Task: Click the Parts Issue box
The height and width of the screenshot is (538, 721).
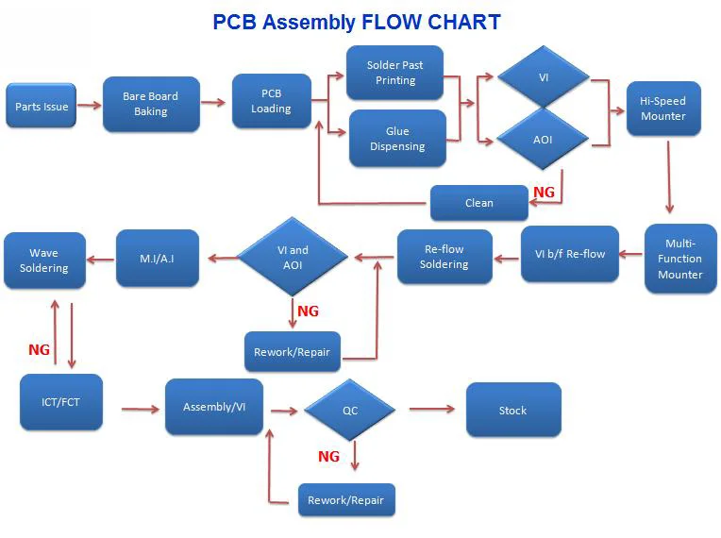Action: point(41,106)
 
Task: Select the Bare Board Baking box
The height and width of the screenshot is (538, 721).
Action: point(151,104)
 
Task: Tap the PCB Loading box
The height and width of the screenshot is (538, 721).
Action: point(271,101)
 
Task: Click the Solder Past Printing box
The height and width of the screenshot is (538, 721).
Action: point(395,72)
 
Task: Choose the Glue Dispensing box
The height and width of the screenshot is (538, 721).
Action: point(397,139)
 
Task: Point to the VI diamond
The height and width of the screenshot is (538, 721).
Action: point(544,76)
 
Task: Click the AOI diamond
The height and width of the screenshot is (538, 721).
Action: point(543,139)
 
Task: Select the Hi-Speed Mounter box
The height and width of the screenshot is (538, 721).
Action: point(663,109)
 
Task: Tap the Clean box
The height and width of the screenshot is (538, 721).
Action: point(479,203)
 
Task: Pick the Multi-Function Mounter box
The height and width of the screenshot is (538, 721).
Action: point(680,259)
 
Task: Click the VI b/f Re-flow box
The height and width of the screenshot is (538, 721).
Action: point(570,254)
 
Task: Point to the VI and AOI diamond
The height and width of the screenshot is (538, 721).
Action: point(293,257)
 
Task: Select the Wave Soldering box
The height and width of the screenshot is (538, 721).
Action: point(44,261)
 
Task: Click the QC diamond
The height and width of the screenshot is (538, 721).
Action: point(350,410)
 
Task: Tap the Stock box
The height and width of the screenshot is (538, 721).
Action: point(513,410)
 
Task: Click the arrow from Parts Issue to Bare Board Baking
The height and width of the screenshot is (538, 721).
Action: point(90,106)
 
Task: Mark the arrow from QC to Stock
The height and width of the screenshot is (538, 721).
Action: point(432,409)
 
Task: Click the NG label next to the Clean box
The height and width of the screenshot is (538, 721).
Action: point(544,192)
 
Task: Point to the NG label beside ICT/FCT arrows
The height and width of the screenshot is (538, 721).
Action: point(39,349)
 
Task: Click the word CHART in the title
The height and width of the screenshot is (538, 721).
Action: point(464,22)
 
